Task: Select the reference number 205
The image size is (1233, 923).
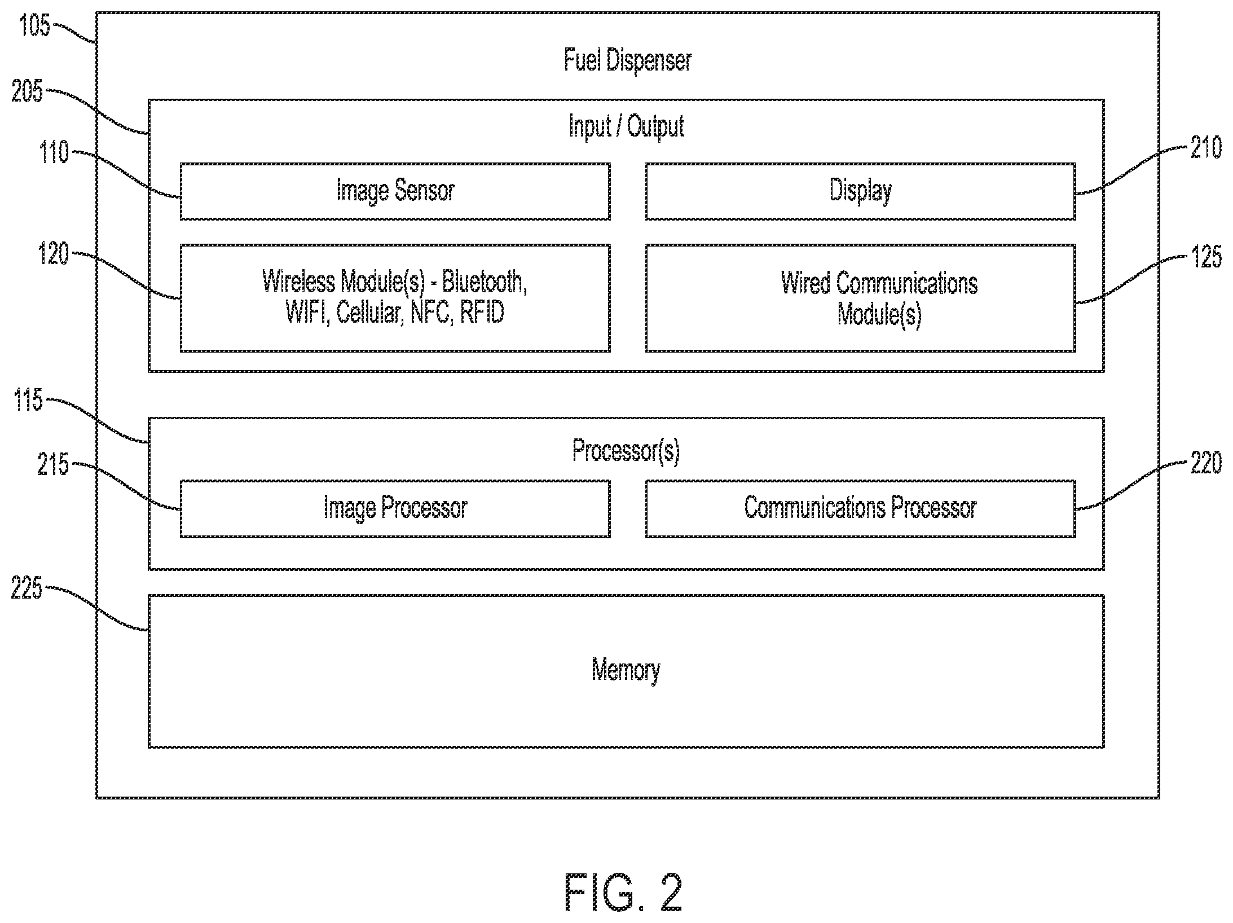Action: coord(27,91)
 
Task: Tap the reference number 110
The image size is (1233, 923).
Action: coord(54,153)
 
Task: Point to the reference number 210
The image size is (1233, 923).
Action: coord(1206,148)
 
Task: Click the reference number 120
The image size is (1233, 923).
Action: coord(53,254)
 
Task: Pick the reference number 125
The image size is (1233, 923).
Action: coord(1206,257)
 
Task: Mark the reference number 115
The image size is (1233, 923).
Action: coord(28,400)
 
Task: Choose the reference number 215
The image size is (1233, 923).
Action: coord(53,465)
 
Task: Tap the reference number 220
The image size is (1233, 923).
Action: coord(1206,463)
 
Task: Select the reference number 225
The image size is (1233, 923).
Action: coord(27,588)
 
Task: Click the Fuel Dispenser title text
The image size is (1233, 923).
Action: coord(627,60)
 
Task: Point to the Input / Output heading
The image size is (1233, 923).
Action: coord(626,126)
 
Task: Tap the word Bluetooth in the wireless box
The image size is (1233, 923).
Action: coord(485,282)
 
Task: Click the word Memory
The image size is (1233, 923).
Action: coord(626,671)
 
